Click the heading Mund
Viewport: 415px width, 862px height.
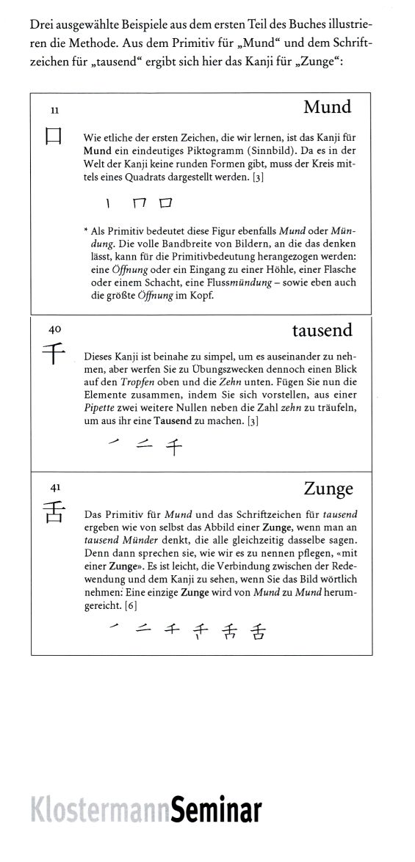327,108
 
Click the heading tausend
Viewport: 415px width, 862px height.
322,331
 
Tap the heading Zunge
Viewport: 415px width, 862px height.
328,489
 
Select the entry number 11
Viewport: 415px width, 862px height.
54,111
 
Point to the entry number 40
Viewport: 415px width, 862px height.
54,331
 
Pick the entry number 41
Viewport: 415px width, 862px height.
54,487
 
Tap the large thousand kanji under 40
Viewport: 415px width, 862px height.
54,356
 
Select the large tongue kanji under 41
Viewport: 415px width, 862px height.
54,511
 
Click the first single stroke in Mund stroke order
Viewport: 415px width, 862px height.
107,201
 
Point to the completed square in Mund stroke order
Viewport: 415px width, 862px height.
166,201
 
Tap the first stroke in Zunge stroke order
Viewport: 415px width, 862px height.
113,626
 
